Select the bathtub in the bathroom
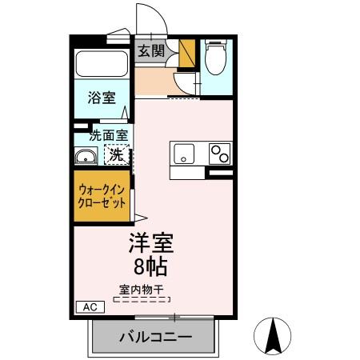click(101, 65)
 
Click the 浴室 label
click(101, 99)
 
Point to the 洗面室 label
click(107, 136)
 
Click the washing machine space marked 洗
click(117, 154)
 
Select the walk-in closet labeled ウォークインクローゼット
click(102, 197)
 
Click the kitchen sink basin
click(182, 153)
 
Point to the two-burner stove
click(218, 153)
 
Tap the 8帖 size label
click(150, 265)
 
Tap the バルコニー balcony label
click(155, 337)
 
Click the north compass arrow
click(273, 334)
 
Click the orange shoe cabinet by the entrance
click(187, 54)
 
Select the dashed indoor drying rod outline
click(142, 300)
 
